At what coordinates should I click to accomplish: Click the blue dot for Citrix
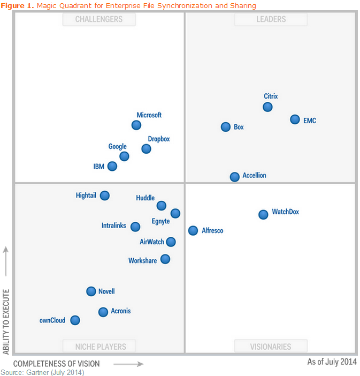coord(267,107)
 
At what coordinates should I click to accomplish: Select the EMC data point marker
coord(295,119)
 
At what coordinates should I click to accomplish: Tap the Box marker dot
coord(226,127)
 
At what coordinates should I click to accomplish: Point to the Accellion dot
coord(234,177)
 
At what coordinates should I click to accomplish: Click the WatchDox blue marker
coord(263,214)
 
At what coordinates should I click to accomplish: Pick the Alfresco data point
coord(193,230)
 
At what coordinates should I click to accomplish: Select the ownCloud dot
coord(75,320)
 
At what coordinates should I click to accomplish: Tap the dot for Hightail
coord(105,195)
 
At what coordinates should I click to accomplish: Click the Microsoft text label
coord(149,115)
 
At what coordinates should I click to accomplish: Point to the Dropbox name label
coord(159,139)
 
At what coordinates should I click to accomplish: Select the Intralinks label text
coord(114,226)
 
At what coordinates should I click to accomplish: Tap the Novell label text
coord(106,292)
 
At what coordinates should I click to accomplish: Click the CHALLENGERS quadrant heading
coord(99,19)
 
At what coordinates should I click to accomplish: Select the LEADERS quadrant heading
coord(271,19)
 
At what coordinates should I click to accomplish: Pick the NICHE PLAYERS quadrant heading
coord(99,347)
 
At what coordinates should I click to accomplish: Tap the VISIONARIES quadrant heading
coord(271,347)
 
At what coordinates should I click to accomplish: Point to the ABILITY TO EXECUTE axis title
coord(6,321)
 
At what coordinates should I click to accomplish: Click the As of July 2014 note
coord(332,362)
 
